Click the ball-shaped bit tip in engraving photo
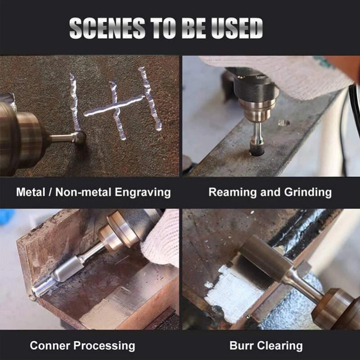click(79, 137)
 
